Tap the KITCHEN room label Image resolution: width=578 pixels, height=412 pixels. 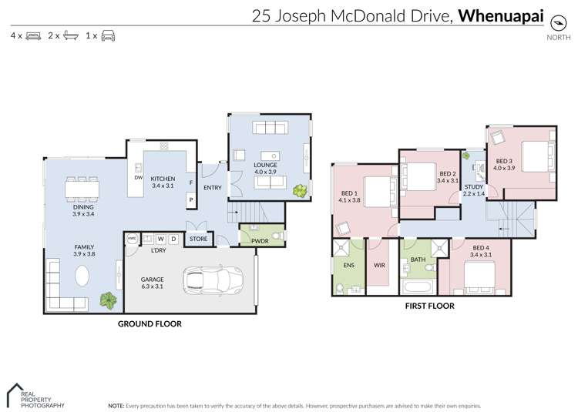click(163, 178)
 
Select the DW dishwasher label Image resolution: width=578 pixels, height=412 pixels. click(139, 178)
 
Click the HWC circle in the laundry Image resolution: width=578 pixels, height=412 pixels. click(132, 239)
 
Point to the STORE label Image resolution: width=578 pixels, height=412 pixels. click(199, 239)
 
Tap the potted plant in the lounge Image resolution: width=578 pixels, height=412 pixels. click(299, 189)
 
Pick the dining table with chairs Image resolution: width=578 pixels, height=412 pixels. click(82, 189)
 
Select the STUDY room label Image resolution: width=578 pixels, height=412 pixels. click(474, 187)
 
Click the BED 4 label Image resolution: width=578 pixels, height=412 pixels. click(481, 247)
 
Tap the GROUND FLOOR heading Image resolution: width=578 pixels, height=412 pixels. click(150, 324)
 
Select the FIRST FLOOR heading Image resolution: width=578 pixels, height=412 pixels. click(429, 306)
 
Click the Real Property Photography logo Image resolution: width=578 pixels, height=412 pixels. click(35, 396)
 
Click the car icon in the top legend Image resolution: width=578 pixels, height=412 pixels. click(108, 36)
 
